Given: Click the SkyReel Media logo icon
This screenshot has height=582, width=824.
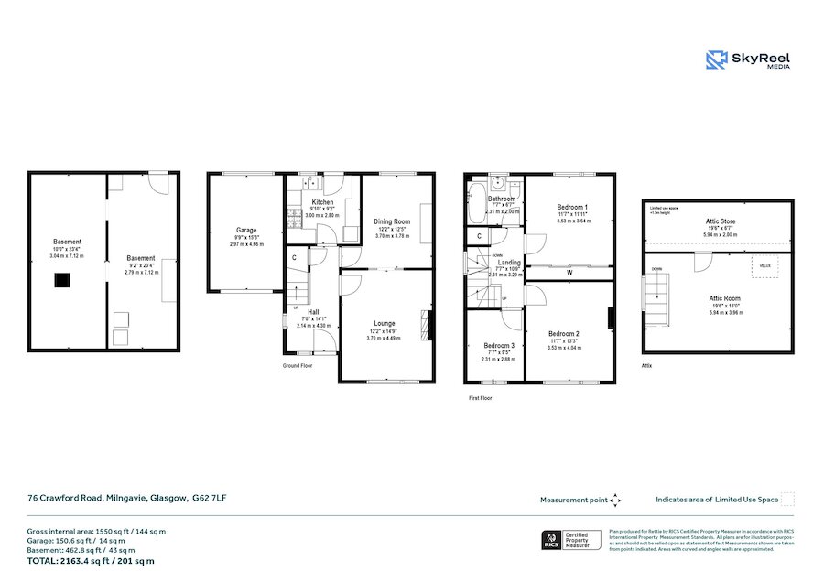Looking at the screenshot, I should [x=717, y=59].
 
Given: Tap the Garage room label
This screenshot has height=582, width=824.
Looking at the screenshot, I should [x=246, y=231].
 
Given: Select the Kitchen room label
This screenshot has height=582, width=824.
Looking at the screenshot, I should [x=322, y=202].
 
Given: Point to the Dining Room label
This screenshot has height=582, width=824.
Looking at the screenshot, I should [x=392, y=221].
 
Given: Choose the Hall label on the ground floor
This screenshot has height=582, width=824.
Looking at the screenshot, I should [x=313, y=311].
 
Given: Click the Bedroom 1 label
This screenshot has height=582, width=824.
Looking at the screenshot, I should [x=573, y=208].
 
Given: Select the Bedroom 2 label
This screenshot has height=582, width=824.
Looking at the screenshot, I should [x=564, y=333].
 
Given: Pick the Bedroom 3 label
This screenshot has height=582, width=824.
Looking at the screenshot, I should [x=499, y=345].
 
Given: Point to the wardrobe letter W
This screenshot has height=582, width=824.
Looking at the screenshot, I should [x=569, y=272].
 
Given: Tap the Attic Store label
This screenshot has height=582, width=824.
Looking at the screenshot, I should [x=716, y=221].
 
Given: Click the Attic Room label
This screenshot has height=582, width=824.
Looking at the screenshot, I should [x=725, y=298].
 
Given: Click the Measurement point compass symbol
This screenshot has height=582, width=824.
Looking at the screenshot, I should [x=616, y=500].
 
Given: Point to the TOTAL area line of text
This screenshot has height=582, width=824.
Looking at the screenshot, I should [x=91, y=560].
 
